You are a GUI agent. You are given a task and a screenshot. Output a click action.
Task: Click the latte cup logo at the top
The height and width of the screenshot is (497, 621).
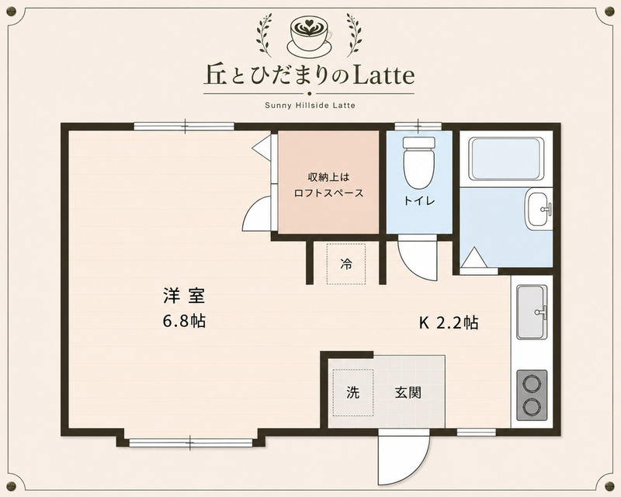click(x=310, y=35)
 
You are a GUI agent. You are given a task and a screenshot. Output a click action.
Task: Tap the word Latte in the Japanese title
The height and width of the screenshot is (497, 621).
click(x=383, y=75)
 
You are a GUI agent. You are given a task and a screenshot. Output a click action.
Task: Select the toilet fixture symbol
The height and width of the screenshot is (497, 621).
click(x=419, y=163)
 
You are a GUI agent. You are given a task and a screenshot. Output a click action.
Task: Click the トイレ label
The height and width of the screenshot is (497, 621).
click(x=419, y=201)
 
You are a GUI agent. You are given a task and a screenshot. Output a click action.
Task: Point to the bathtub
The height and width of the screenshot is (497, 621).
click(x=506, y=159)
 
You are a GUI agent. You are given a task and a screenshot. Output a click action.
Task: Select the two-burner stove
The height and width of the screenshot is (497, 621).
click(x=532, y=395)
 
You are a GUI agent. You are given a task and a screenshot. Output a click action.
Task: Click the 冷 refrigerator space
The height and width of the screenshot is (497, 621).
click(x=345, y=263)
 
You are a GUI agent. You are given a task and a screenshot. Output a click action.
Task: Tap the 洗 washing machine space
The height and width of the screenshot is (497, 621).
click(x=353, y=392)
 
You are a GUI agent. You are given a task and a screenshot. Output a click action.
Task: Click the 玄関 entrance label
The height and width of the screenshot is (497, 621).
click(x=408, y=393)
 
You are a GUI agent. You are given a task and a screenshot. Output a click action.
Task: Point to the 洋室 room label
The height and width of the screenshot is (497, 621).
click(x=184, y=296)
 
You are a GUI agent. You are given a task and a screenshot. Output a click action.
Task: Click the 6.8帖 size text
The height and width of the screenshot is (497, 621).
click(x=184, y=321)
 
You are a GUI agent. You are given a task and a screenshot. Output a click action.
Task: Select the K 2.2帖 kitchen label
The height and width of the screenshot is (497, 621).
click(x=449, y=323)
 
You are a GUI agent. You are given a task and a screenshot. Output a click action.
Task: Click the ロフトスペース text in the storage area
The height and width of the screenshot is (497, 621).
click(x=328, y=193)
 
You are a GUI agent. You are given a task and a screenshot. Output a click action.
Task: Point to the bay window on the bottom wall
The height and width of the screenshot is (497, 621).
click(x=190, y=443)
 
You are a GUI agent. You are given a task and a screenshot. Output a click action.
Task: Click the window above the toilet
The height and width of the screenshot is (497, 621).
click(x=418, y=127)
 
